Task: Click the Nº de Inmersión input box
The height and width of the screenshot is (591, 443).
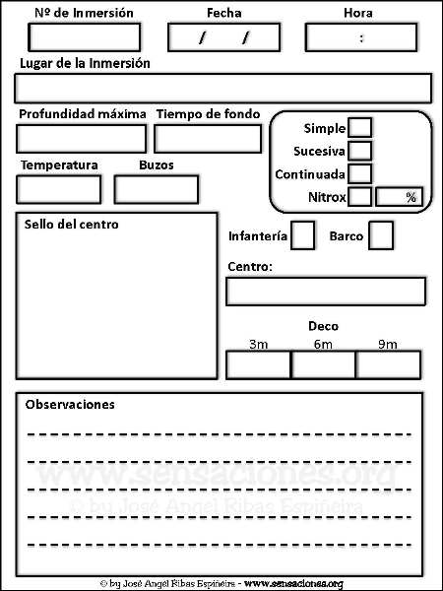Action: pos(85,37)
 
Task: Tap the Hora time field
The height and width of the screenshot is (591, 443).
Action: pos(361,37)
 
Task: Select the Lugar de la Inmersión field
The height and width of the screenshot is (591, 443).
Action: pos(223,89)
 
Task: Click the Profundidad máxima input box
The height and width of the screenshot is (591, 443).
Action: pos(82,139)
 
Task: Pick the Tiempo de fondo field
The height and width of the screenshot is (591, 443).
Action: pos(208,139)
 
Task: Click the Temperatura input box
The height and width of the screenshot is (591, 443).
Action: pos(59,189)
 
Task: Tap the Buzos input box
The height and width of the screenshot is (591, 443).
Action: pos(157,189)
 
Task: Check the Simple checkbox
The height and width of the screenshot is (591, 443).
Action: pos(360,127)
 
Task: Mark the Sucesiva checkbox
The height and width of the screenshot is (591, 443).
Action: pos(360,151)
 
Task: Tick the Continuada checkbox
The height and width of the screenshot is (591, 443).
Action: pos(360,173)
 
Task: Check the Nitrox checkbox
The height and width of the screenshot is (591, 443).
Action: pos(360,197)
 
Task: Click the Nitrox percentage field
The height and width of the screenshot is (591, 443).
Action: pos(400,197)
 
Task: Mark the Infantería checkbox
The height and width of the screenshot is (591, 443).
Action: pos(303,235)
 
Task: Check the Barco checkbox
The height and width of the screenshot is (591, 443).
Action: pos(381,235)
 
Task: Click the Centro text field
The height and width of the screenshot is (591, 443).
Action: pos(326,292)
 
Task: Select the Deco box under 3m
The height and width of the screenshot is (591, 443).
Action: pos(258,364)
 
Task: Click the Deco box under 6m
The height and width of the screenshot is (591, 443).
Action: pos(323,364)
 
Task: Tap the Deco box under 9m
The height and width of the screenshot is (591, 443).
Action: pos(389,364)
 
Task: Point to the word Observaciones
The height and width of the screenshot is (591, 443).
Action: pos(70,405)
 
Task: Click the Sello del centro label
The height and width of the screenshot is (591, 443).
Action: pos(72,225)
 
